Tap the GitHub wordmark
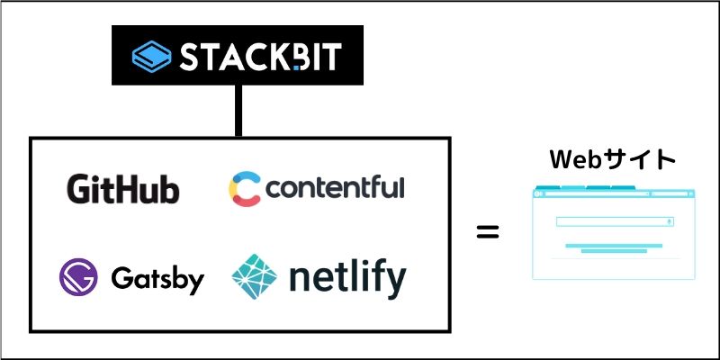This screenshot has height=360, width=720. [x=122, y=189]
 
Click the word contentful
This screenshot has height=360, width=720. [x=335, y=188]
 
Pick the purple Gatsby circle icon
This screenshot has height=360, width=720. [x=77, y=277]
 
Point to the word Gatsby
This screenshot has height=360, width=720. [x=157, y=279]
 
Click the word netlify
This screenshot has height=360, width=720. [x=346, y=278]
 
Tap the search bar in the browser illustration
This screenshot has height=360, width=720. [x=615, y=221]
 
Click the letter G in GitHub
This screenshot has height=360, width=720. [x=78, y=189]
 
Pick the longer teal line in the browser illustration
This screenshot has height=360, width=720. [x=614, y=245]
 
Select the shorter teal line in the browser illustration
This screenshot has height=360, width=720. [x=614, y=252]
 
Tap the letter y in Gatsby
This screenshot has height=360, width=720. [x=195, y=282]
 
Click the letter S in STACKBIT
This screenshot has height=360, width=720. [x=190, y=57]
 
